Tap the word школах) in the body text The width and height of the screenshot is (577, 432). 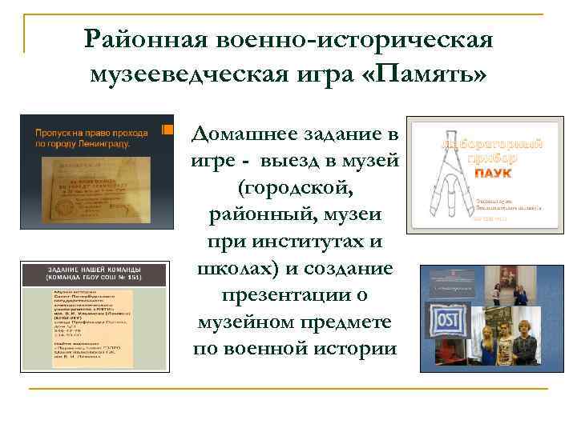230,268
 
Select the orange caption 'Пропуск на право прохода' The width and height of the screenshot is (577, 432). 90,132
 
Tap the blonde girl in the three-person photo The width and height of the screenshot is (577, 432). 483,338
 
